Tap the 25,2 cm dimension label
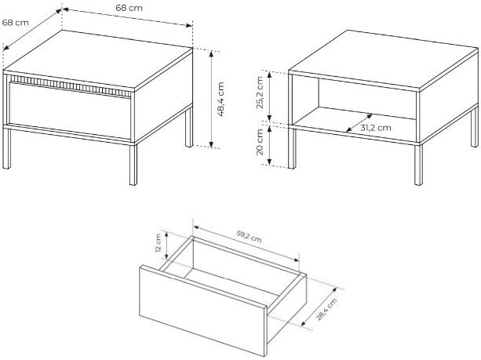[x=260, y=93]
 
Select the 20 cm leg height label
[x=260, y=142]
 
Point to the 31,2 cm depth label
[x=376, y=128]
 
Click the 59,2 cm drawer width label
[x=249, y=236]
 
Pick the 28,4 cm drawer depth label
[x=326, y=309]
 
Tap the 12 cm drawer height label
[x=158, y=242]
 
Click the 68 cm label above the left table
[x=129, y=8]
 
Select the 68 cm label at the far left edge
[x=16, y=23]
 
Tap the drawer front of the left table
[x=71, y=111]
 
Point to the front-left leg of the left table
[x=7, y=148]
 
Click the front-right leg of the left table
[x=133, y=165]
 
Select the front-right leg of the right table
[x=418, y=165]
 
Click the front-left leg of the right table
[x=292, y=148]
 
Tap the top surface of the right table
[x=384, y=59]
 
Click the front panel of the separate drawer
[x=202, y=311]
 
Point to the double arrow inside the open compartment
[x=359, y=123]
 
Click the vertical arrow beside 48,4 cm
[x=211, y=99]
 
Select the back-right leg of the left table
[x=189, y=128]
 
